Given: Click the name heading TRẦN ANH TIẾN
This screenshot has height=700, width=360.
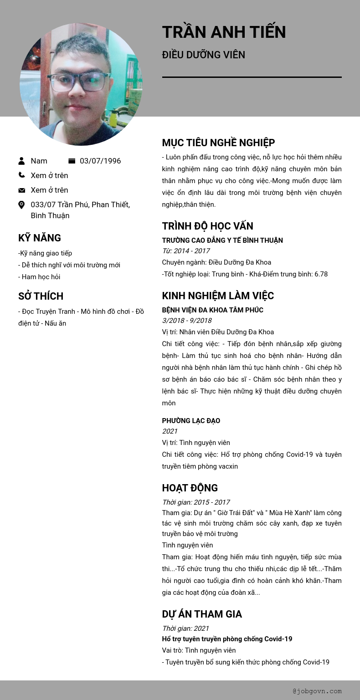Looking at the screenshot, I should [x=224, y=32].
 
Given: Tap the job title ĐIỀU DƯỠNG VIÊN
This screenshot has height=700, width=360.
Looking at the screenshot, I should [x=203, y=55].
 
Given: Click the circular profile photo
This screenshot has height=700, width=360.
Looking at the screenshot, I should [x=81, y=84].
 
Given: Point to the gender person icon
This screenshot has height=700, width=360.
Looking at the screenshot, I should [x=21, y=161].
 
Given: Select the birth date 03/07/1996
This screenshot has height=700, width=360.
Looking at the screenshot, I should [x=100, y=161].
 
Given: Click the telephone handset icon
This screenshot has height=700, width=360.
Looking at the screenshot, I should [x=21, y=175].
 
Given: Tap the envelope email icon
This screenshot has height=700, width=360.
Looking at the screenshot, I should [x=21, y=190].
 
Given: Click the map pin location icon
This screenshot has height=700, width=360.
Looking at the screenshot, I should [x=21, y=205].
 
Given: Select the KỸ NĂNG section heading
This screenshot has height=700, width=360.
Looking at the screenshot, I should [x=40, y=238].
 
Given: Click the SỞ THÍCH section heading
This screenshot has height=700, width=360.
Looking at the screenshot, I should [x=41, y=296].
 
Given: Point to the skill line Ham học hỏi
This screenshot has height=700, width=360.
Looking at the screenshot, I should [x=41, y=277].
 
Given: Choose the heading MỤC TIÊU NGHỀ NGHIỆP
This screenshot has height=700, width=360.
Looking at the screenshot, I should [x=218, y=143].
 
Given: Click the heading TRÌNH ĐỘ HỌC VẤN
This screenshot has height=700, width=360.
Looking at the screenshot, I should [x=207, y=226].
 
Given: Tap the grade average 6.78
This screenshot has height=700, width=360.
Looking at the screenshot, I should [x=321, y=274].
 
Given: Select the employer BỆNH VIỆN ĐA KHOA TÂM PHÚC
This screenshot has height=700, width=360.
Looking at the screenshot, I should [x=212, y=310].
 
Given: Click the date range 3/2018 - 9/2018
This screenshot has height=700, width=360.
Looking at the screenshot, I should [x=187, y=321].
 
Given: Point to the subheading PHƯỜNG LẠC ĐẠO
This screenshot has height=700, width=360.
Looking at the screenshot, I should [x=191, y=421].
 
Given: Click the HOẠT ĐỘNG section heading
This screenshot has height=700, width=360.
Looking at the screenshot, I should [x=190, y=488].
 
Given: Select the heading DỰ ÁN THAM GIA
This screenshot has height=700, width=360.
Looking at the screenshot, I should [x=202, y=614].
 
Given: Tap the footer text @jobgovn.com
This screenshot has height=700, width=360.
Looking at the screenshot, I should [x=317, y=691].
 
